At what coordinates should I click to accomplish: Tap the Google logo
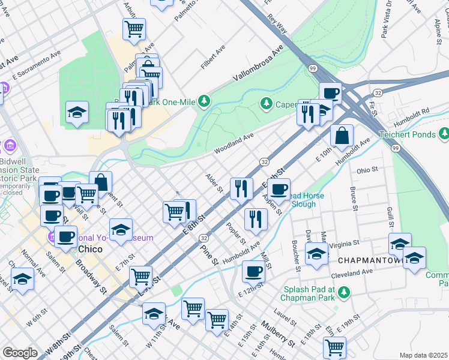(x=20, y=353)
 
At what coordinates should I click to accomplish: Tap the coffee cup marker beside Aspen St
(x=278, y=190)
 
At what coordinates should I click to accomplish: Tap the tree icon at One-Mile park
(x=205, y=100)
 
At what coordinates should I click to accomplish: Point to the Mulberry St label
(x=277, y=335)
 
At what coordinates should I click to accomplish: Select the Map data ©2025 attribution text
(x=423, y=355)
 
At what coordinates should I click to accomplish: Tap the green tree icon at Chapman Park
(x=344, y=292)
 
